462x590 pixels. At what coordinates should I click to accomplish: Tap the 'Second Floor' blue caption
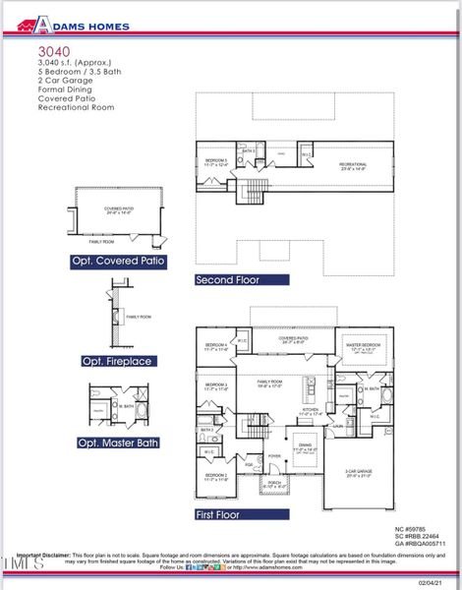click(x=228, y=279)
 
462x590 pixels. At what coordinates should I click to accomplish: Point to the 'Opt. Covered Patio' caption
click(x=118, y=262)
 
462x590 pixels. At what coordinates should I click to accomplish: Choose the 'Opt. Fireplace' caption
click(x=117, y=362)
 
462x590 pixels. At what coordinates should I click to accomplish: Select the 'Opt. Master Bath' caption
click(x=118, y=442)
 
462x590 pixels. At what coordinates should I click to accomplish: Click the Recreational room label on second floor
click(x=353, y=165)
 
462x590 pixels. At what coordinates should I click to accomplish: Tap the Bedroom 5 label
click(x=215, y=161)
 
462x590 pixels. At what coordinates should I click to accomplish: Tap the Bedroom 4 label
click(x=216, y=346)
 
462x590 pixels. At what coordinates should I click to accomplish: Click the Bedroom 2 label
click(x=216, y=477)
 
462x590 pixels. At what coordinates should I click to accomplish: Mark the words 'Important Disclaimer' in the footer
click(x=43, y=554)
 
